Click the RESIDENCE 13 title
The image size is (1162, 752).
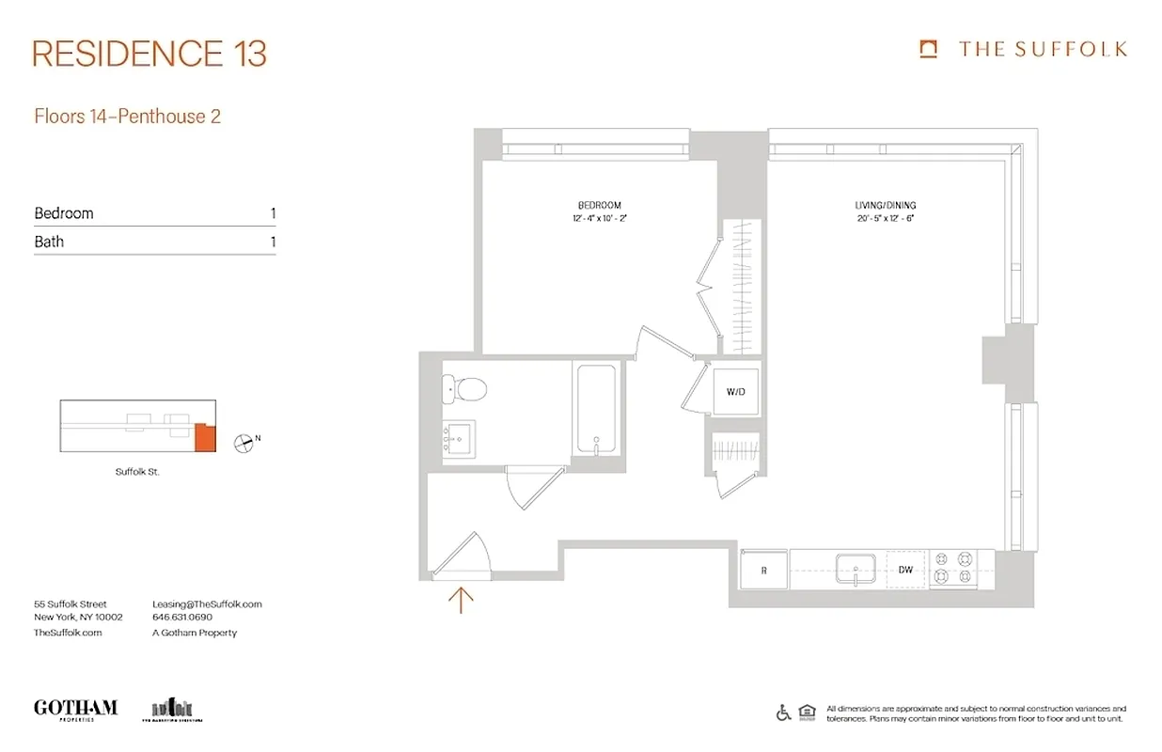click(x=149, y=54)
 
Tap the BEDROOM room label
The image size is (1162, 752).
click(x=599, y=205)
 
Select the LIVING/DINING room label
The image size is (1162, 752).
click(x=885, y=205)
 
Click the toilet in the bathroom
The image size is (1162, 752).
click(x=464, y=386)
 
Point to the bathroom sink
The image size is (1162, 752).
click(x=460, y=437)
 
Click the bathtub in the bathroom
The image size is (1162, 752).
click(x=595, y=409)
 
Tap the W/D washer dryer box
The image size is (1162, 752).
click(x=735, y=391)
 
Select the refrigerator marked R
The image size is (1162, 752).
click(x=763, y=570)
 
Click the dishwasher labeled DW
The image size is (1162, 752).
click(x=905, y=570)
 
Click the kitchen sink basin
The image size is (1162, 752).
click(x=856, y=569)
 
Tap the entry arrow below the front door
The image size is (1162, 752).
click(x=461, y=599)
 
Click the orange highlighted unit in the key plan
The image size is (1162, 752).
click(x=205, y=438)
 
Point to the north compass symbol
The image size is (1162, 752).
click(x=245, y=442)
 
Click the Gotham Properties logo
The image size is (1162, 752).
click(x=75, y=709)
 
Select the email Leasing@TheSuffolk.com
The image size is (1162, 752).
click(x=207, y=604)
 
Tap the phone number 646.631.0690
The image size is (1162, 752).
click(x=182, y=618)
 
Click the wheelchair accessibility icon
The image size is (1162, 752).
click(x=783, y=713)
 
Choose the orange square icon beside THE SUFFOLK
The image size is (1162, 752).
click(x=929, y=49)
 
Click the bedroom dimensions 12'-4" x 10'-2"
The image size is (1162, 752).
click(x=599, y=218)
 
